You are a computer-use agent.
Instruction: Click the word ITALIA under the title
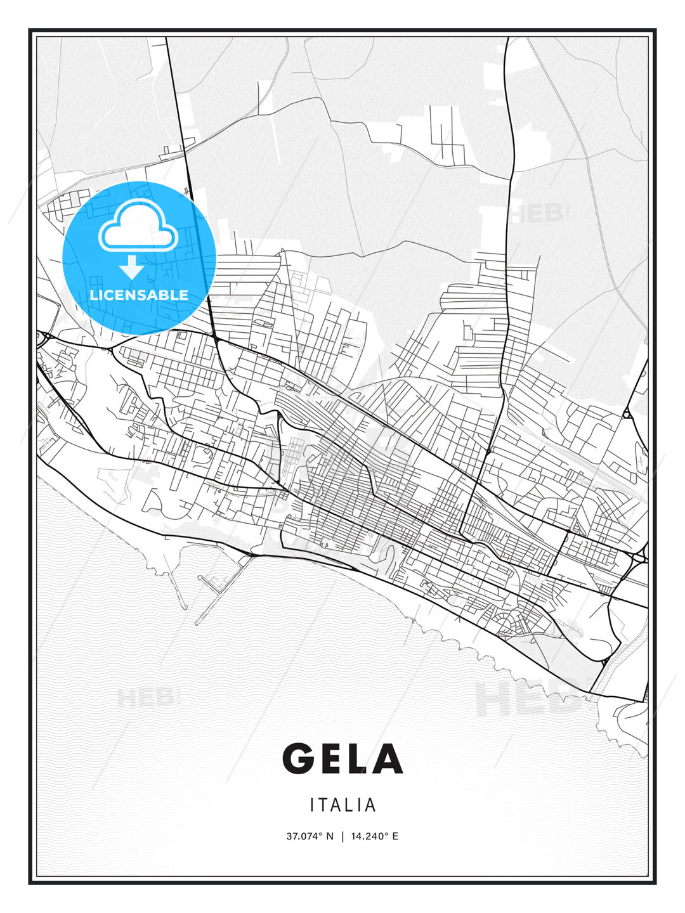342,805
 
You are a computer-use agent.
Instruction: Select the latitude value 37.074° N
310,836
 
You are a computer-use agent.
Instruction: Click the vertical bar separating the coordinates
342,836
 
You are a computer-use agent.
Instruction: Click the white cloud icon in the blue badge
138,226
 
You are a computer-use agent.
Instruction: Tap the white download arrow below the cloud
131,268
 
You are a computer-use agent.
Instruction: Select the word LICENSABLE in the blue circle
139,295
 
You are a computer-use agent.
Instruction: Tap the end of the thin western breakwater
185,607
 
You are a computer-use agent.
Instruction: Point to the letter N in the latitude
329,836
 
